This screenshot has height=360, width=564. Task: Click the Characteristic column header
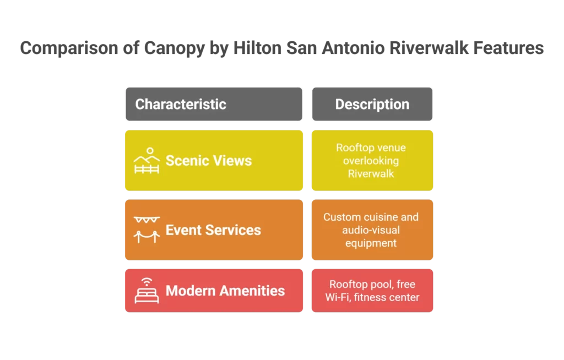181,104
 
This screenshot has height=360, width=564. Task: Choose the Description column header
372,104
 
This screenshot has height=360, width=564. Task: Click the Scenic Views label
209,161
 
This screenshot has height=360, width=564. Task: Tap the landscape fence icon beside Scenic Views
147,161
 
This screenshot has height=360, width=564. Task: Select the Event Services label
213,230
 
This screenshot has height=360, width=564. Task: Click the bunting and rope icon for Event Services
147,230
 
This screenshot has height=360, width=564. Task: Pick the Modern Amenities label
225,291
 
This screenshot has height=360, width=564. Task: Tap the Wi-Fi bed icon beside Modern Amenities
147,290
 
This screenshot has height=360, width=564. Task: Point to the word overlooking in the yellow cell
371,161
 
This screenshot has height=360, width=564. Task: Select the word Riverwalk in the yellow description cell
372,174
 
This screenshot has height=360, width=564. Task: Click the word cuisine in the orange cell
381,217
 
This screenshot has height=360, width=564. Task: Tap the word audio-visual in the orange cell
371,230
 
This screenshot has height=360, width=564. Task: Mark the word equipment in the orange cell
371,243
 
